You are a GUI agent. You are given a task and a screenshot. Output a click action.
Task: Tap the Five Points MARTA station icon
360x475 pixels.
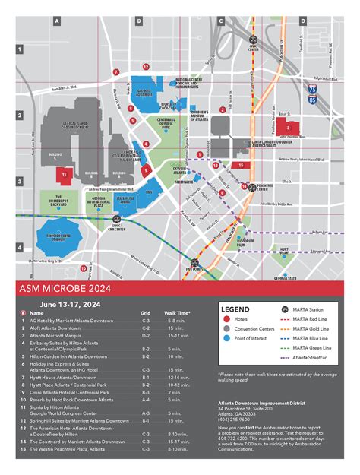(x=196, y=262)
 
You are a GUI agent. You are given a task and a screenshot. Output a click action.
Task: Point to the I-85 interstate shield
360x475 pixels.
(x=312, y=99)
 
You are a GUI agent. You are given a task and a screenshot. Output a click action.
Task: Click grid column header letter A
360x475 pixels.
(x=57, y=22)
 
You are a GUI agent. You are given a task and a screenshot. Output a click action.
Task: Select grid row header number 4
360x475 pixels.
(x=20, y=248)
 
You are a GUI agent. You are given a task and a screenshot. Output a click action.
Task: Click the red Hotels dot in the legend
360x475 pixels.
(x=226, y=320)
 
